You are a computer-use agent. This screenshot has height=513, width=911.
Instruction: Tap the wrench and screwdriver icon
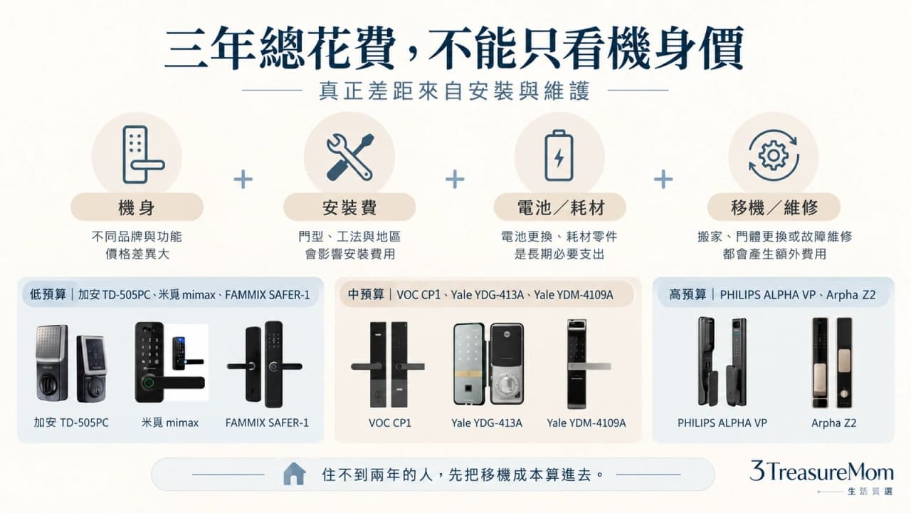coord(349,157)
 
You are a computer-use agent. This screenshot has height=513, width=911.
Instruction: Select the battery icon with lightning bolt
coord(559,155)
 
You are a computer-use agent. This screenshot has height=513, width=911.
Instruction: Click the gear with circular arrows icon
coord(774,155)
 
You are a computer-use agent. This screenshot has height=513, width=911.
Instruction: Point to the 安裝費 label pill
coord(349,207)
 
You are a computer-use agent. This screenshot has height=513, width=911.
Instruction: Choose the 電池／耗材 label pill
coord(559,207)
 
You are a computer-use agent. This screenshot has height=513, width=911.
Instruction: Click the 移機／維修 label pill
coord(774,207)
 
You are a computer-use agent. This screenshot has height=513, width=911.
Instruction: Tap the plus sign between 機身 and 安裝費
coord(243,179)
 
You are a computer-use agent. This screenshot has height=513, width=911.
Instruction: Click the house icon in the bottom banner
coord(294,474)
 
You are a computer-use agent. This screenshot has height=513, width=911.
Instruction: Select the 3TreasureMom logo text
coord(821,472)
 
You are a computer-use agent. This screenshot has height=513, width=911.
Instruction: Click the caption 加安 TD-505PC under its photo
coord(71,423)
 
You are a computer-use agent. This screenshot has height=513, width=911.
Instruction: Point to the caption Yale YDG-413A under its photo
coord(486,423)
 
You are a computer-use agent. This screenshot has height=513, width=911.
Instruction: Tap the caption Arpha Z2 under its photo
coord(833,423)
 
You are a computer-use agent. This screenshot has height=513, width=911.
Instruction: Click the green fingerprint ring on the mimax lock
coord(149,383)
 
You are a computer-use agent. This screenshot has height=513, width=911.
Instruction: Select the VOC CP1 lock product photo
coord(388,365)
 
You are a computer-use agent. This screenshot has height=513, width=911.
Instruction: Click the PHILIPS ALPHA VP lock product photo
coord(722,361)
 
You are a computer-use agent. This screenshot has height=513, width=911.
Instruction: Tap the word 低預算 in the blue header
coord(48,294)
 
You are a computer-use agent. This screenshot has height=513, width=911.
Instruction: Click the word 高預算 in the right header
coord(688,294)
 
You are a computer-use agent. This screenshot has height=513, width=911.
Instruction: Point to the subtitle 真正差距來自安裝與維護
coord(455,90)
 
